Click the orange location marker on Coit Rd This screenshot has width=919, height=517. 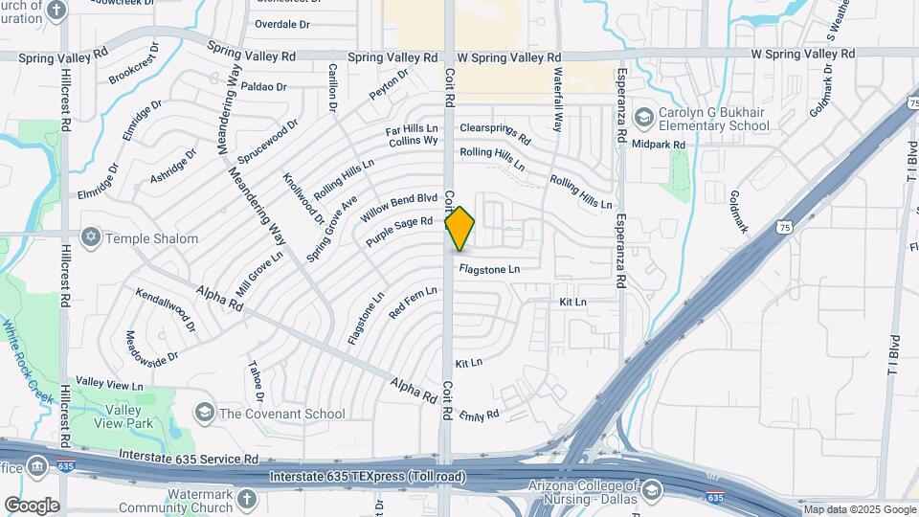click(460, 228)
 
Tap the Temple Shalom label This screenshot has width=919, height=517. click(152, 238)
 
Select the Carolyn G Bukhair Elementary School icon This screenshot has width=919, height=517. click(644, 117)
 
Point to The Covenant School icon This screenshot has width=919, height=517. click(204, 413)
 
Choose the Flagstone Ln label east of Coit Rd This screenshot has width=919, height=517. click(488, 269)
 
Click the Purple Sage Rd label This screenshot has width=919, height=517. click(400, 232)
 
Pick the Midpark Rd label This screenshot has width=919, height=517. click(660, 145)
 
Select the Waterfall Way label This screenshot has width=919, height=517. click(556, 96)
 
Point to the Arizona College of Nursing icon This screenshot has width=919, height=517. click(652, 490)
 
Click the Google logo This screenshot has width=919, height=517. click(32, 505)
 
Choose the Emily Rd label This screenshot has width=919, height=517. click(480, 416)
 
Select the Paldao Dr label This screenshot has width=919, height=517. click(264, 86)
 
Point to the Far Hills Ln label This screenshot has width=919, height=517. click(412, 127)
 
